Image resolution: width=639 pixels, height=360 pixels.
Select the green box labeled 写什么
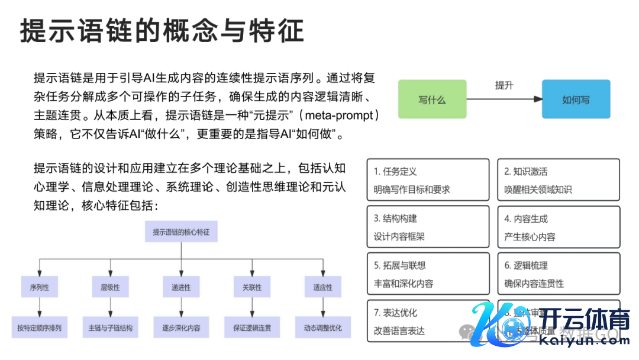point(432,100)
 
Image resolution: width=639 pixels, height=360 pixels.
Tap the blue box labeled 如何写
point(576,100)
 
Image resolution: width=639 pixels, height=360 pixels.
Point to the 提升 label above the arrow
point(504,85)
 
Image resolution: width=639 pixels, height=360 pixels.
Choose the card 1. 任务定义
point(428,180)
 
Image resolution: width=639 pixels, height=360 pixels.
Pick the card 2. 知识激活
point(558,180)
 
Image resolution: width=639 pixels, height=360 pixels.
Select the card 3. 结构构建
point(428,227)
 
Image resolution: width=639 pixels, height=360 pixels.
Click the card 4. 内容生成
point(558,227)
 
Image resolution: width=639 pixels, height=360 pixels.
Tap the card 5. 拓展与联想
point(428,274)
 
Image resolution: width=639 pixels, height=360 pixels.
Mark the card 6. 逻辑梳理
point(558,274)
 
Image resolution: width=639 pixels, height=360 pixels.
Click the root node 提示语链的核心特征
point(181,232)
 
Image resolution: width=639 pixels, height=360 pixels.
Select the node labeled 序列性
point(39,287)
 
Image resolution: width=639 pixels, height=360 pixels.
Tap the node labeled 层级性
point(110,287)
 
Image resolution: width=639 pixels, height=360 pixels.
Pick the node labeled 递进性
point(181,287)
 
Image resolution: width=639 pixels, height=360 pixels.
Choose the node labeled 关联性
point(252,287)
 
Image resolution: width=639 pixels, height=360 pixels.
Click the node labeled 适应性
point(322,287)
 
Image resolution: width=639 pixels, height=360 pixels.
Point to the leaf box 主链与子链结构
point(110,327)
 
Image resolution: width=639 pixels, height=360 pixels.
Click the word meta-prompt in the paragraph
point(338,115)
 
